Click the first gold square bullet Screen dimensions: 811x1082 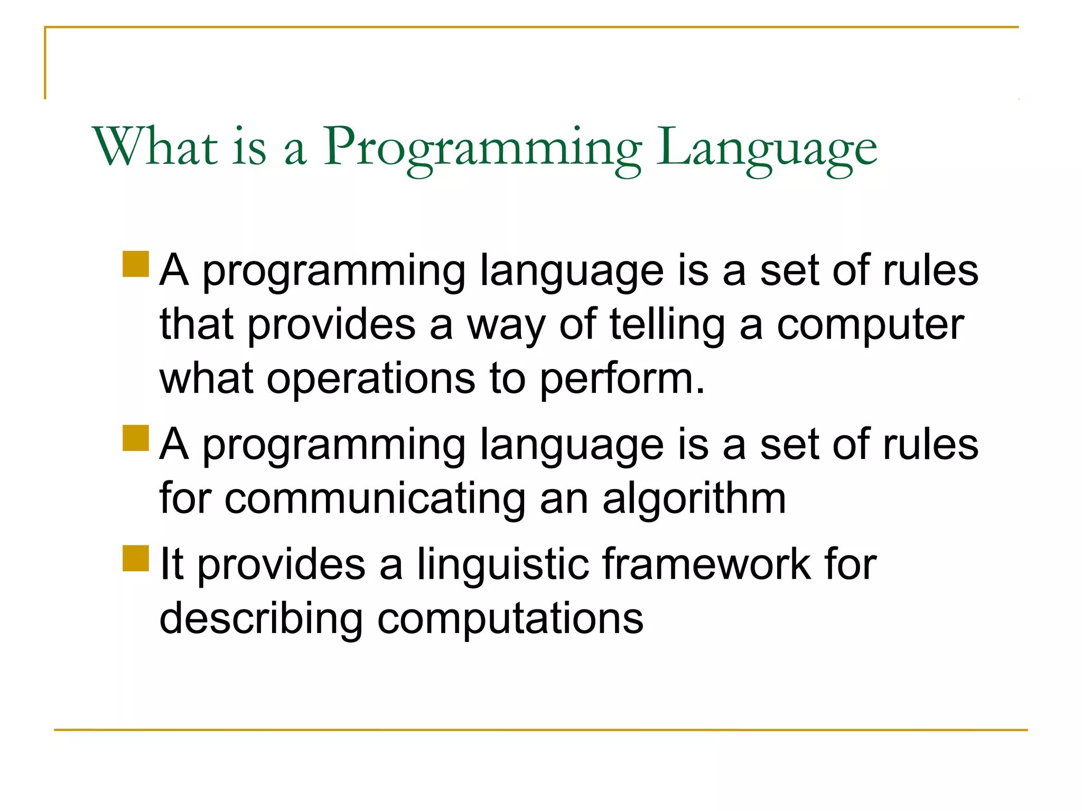point(136,264)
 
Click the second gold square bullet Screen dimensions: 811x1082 point(136,438)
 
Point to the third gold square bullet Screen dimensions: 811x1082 point(136,558)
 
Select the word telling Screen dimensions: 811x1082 point(667,326)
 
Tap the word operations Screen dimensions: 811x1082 point(370,379)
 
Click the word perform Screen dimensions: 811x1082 point(621,379)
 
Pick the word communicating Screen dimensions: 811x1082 point(375,499)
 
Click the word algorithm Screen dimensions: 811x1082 point(694,499)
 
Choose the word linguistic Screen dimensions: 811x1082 point(502,565)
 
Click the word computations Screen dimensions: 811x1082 point(510,619)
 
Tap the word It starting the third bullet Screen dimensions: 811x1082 point(171,565)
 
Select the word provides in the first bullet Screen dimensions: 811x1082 point(331,326)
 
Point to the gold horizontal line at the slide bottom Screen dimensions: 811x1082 point(541,730)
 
